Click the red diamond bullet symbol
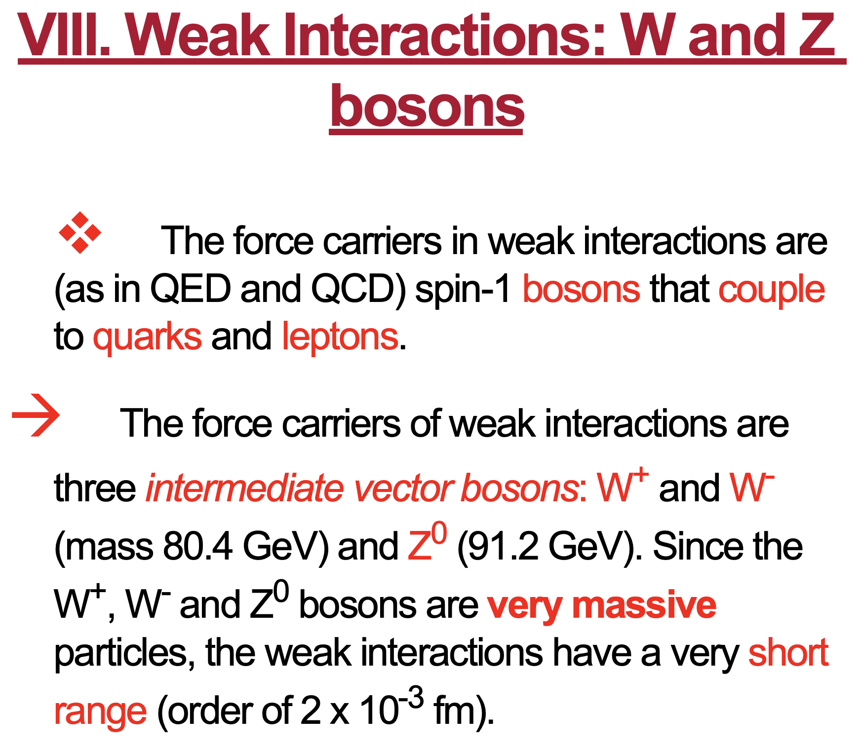[x=80, y=233]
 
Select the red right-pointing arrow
[x=36, y=415]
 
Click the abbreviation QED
[x=191, y=289]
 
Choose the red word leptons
[x=340, y=337]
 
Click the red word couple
[x=772, y=290]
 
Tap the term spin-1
[x=463, y=290]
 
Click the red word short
[x=788, y=652]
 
